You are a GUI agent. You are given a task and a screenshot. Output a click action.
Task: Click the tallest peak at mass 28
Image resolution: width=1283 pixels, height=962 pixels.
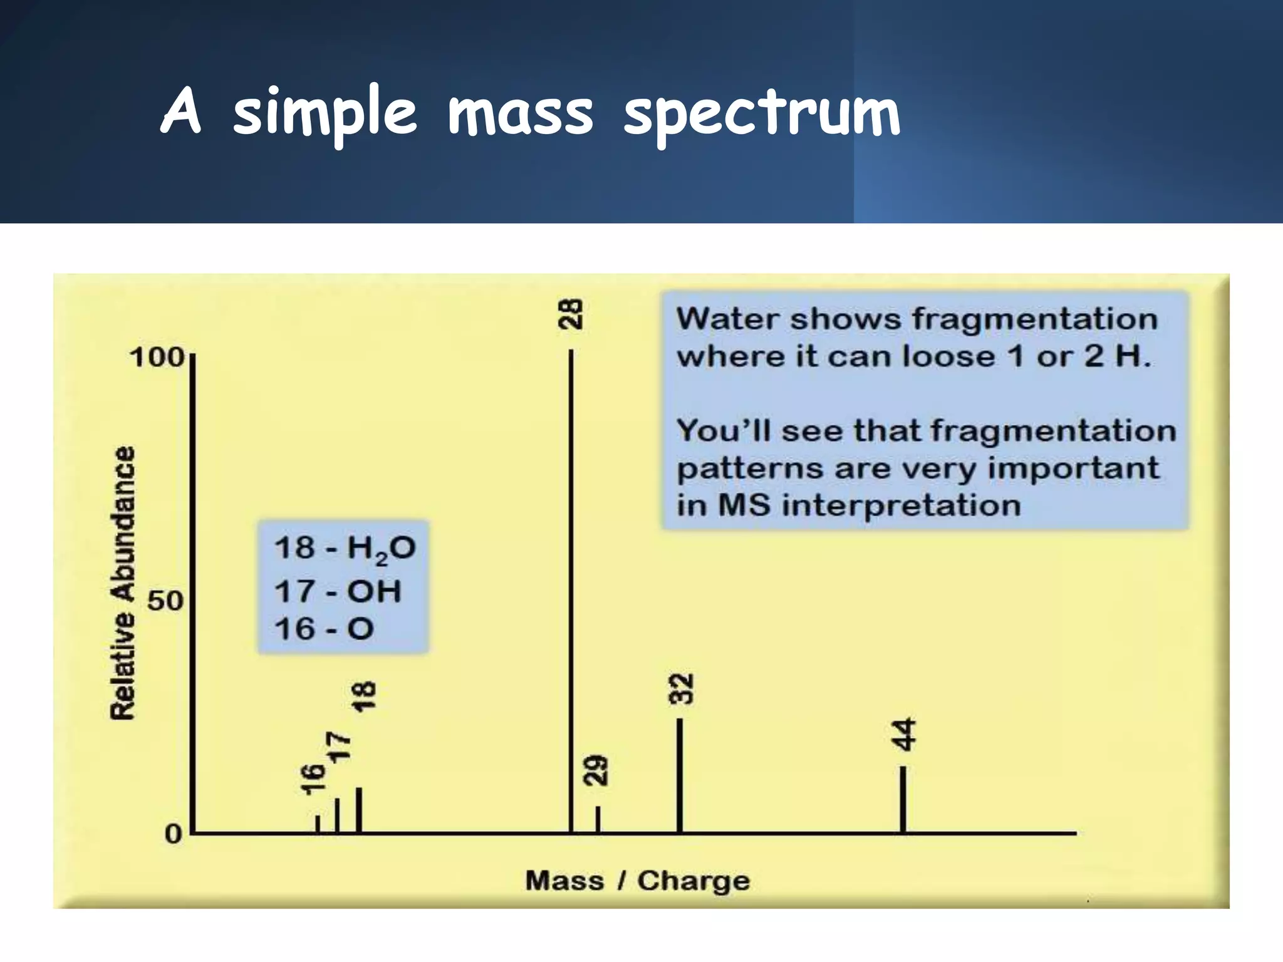pyautogui.click(x=571, y=589)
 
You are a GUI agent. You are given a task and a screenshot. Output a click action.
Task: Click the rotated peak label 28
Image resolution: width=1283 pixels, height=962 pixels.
pyautogui.click(x=571, y=314)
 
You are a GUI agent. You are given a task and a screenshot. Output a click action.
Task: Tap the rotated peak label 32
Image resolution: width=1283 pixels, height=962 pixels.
pyautogui.click(x=682, y=689)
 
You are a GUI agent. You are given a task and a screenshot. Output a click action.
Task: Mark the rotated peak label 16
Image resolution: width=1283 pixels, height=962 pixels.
pyautogui.click(x=313, y=779)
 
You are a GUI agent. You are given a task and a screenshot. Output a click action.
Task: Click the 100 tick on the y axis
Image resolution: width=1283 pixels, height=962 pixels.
pyautogui.click(x=157, y=359)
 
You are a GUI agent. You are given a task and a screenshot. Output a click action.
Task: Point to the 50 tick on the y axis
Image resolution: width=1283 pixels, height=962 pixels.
pyautogui.click(x=164, y=602)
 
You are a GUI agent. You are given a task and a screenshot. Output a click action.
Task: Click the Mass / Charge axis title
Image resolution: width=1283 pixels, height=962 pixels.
pyautogui.click(x=637, y=881)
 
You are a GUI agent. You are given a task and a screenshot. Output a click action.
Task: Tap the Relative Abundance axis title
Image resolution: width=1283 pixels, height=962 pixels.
pyautogui.click(x=123, y=583)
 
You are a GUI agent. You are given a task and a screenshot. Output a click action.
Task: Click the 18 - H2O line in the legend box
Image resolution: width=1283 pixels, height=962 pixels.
pyautogui.click(x=345, y=549)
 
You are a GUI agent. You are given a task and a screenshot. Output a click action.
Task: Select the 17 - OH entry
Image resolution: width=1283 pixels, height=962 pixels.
pyautogui.click(x=338, y=591)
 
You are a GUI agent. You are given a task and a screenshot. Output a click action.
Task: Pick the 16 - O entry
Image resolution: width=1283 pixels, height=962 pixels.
pyautogui.click(x=324, y=629)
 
